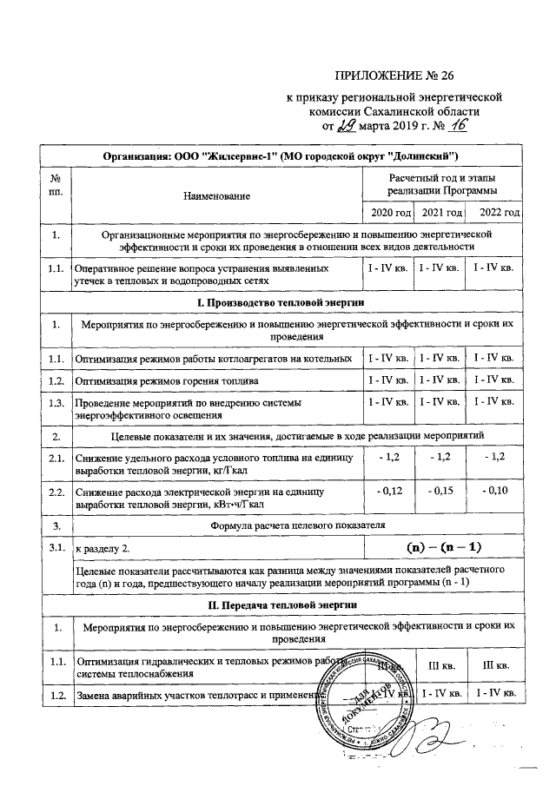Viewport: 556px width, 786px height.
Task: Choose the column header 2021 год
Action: (x=440, y=213)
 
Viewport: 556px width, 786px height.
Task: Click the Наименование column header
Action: (x=216, y=197)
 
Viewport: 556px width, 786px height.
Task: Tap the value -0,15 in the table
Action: (x=440, y=491)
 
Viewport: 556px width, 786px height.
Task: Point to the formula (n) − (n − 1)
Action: (x=443, y=547)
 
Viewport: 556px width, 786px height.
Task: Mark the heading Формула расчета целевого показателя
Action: (x=297, y=525)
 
